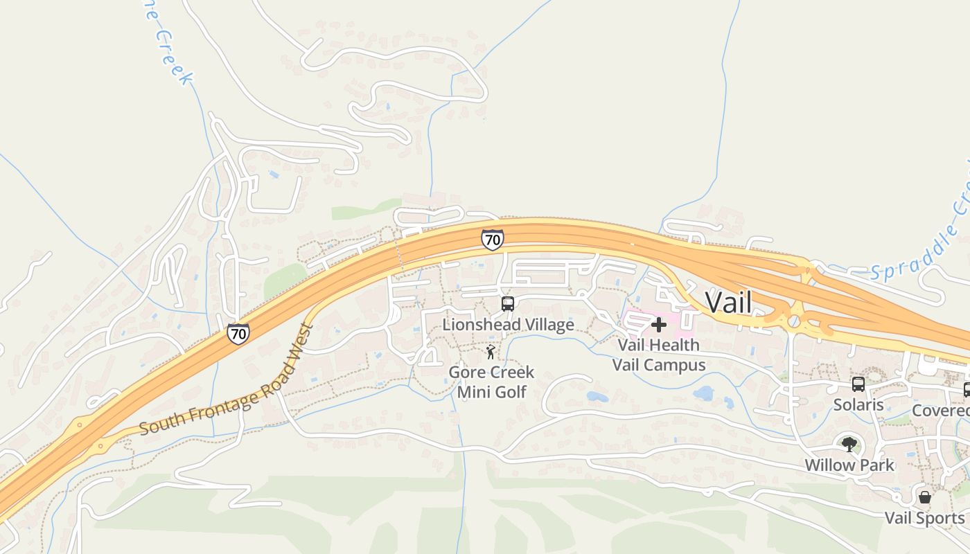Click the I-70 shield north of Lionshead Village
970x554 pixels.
[x=492, y=240]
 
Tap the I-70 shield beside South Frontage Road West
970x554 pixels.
[x=238, y=334]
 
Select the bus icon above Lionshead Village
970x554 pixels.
[x=508, y=304]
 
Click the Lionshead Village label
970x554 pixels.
[x=508, y=325]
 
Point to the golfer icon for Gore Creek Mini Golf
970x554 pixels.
[x=491, y=352]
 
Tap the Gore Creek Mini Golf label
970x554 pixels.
[x=491, y=382]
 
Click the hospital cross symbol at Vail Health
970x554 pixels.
[x=659, y=324]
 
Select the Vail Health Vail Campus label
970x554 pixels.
[x=658, y=355]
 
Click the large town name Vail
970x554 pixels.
[x=728, y=302]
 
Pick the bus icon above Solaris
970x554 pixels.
[x=858, y=384]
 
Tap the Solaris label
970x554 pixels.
[x=858, y=404]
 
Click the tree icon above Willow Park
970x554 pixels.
[x=849, y=445]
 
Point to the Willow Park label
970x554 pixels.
[x=849, y=465]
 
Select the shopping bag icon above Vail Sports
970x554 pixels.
[x=924, y=497]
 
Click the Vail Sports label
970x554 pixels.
[x=924, y=518]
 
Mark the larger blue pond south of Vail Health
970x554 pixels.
[x=704, y=394]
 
